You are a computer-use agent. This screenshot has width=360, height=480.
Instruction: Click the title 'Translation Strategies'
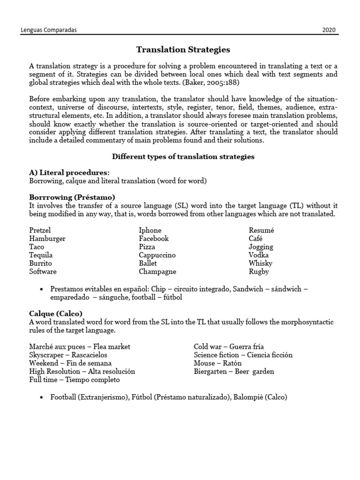pyautogui.click(x=183, y=49)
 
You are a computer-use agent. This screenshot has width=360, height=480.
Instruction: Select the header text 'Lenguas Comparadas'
pyautogui.click(x=49, y=30)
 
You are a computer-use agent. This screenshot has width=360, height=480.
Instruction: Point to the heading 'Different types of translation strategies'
pyautogui.click(x=183, y=157)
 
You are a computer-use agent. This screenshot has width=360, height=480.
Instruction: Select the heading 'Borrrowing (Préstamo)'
pyautogui.click(x=72, y=197)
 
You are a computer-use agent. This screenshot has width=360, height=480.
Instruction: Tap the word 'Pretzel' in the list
pyautogui.click(x=40, y=230)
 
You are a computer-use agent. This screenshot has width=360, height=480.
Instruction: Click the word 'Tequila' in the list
pyautogui.click(x=41, y=255)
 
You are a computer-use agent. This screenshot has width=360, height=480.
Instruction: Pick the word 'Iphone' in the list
pyautogui.click(x=150, y=230)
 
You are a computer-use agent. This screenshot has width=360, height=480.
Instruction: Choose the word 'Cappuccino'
pyautogui.click(x=157, y=255)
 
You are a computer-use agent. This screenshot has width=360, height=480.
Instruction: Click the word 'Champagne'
pyautogui.click(x=157, y=271)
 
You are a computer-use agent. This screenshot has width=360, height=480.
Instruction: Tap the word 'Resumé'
pyautogui.click(x=261, y=230)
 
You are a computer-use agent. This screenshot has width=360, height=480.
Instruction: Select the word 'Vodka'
pyautogui.click(x=258, y=255)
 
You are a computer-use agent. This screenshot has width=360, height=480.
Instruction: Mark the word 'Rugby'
pyautogui.click(x=259, y=271)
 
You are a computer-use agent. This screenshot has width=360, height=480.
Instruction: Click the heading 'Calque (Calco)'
pyautogui.click(x=56, y=313)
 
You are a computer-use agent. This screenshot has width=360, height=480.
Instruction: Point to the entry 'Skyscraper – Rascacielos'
pyautogui.click(x=68, y=355)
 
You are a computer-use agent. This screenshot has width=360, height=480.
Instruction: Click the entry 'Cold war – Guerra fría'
pyautogui.click(x=229, y=346)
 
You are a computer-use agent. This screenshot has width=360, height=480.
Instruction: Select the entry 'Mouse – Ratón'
pyautogui.click(x=217, y=363)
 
